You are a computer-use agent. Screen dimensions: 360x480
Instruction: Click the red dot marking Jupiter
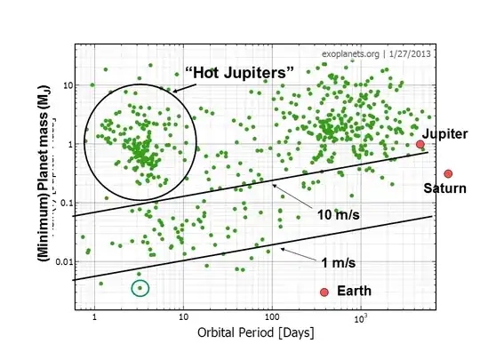coord(420,144)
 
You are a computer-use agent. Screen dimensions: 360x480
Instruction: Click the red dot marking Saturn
coord(449,173)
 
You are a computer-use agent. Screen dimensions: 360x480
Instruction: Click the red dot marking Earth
coord(324,292)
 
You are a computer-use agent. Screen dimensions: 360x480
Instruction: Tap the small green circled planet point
coord(140,287)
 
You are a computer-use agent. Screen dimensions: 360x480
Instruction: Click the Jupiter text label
coord(446,133)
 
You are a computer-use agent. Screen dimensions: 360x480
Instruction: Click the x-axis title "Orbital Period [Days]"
coord(252,333)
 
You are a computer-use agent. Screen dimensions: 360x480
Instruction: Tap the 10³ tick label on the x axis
coord(360,316)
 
